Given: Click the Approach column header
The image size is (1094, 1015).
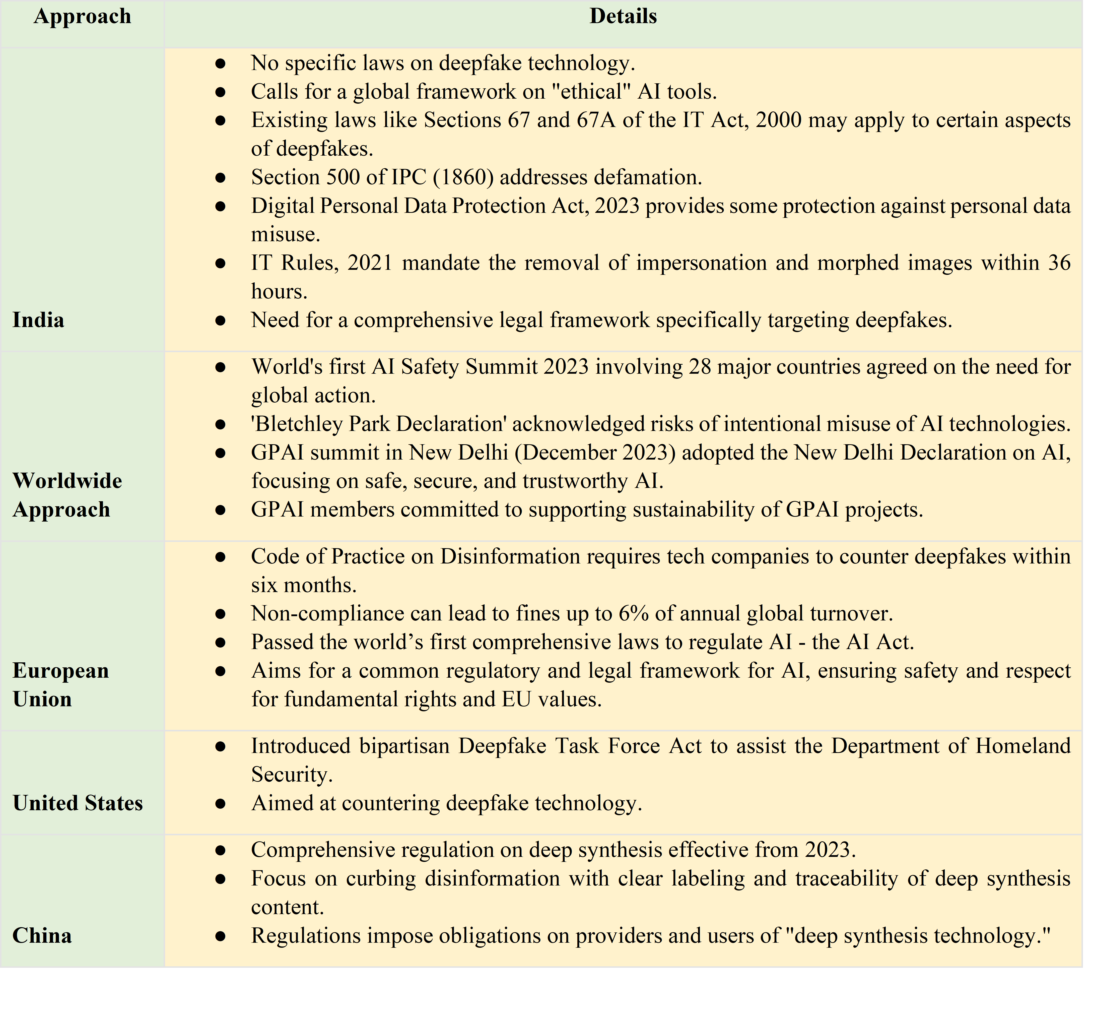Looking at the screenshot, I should coord(82,17).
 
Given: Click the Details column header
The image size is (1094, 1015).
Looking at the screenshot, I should coord(623,17).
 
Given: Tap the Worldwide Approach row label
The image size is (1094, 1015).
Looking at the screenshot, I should coord(67,495).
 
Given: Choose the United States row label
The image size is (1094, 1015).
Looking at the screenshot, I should coord(78,803).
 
